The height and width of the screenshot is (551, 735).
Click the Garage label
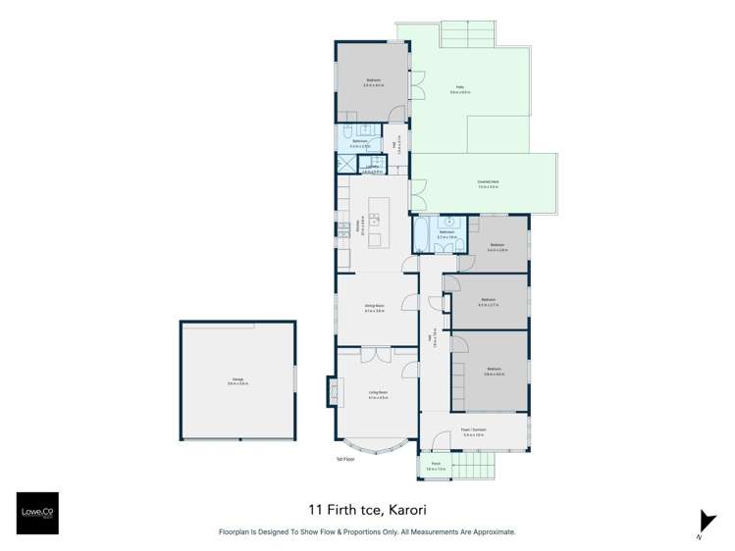(x=238, y=380)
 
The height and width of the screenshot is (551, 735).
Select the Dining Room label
(x=374, y=308)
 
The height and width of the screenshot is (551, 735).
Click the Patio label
(x=459, y=89)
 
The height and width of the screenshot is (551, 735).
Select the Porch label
(x=435, y=466)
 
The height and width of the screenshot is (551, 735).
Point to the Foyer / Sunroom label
(x=474, y=429)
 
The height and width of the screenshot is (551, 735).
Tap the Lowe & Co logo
(x=36, y=513)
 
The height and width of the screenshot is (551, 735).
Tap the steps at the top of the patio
(x=466, y=35)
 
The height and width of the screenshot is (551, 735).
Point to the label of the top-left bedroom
(x=373, y=81)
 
